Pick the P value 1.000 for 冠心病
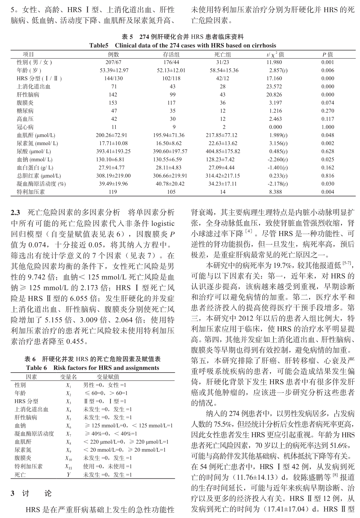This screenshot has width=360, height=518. (328, 127)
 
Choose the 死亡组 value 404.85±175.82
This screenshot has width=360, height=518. (223, 152)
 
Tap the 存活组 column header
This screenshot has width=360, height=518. (171, 55)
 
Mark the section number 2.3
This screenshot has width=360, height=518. (15, 212)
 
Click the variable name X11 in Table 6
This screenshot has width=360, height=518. (68, 467)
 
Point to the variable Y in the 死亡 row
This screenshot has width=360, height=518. (68, 475)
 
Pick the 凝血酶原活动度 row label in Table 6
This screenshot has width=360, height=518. (34, 434)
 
